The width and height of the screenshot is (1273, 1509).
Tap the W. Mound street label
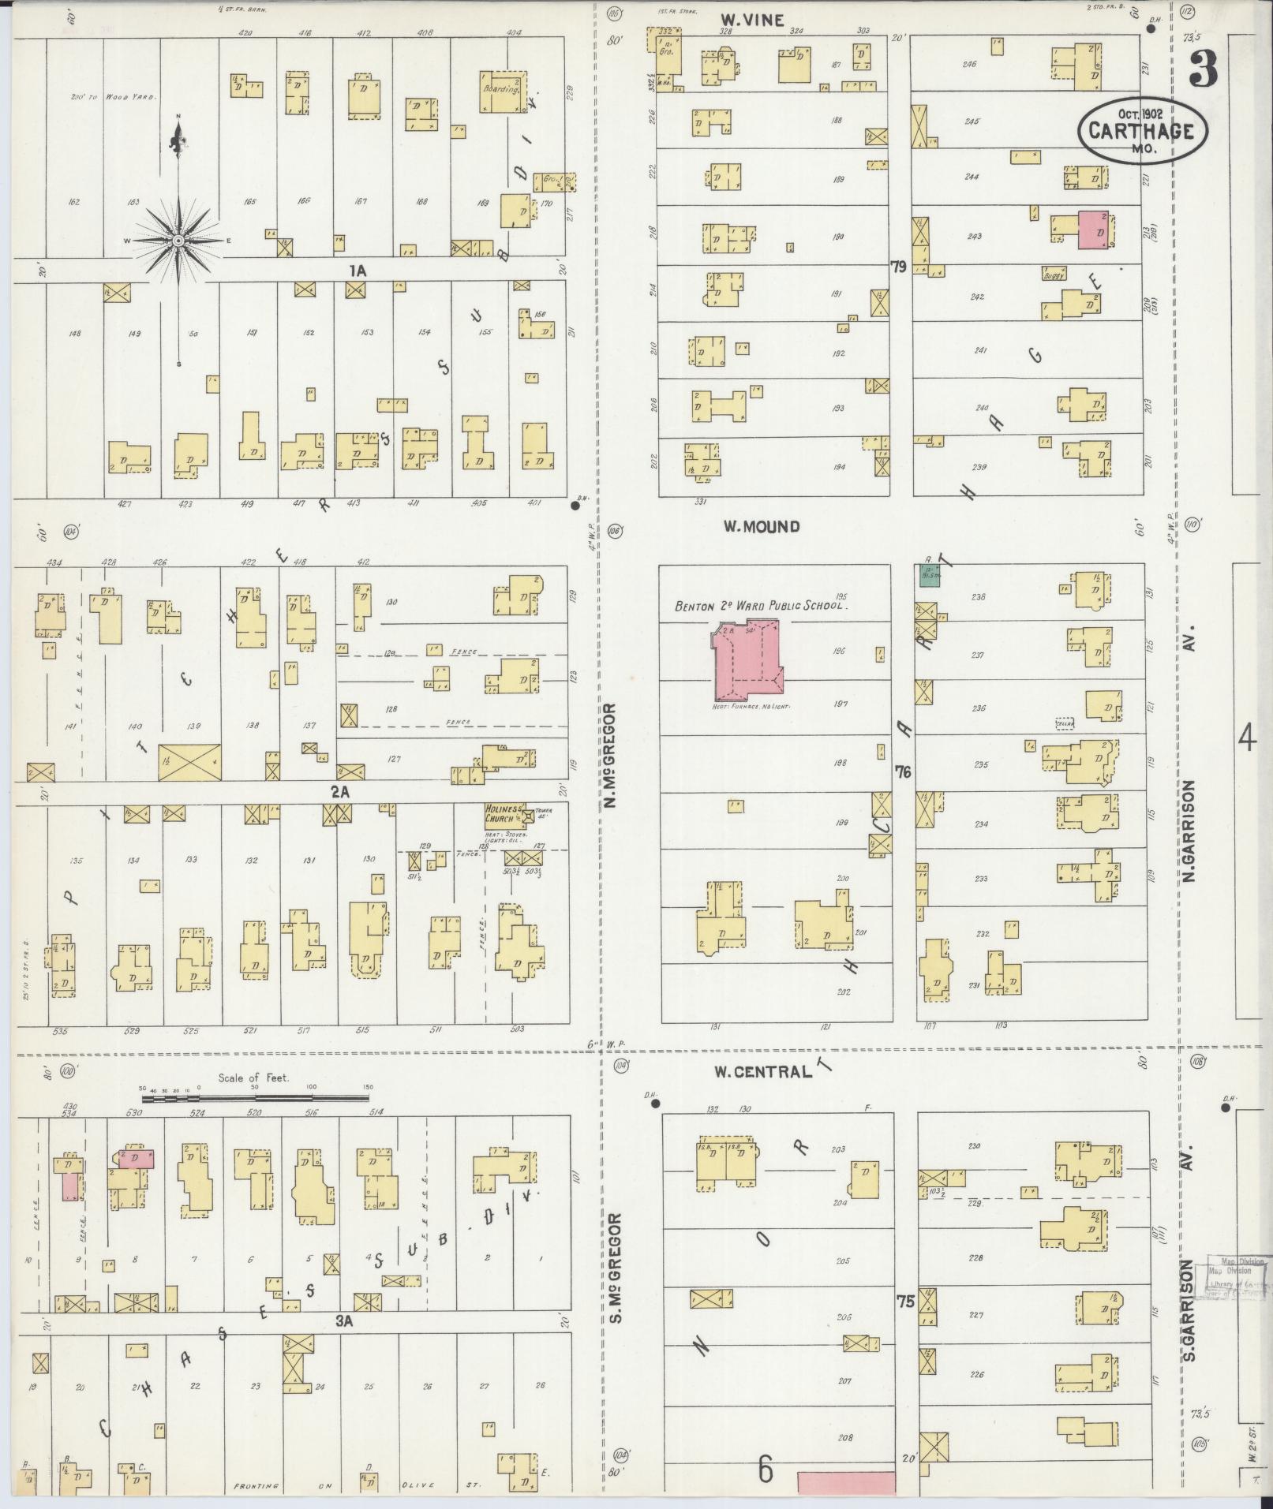coord(762,526)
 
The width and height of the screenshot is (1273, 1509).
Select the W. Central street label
coord(762,1071)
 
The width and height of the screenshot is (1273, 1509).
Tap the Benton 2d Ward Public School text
coord(760,607)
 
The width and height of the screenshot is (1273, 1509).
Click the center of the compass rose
coord(178,239)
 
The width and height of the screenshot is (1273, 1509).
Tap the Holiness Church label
coord(504,813)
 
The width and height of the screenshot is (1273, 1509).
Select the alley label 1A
coord(358,271)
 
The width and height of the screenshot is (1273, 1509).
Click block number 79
coord(897,267)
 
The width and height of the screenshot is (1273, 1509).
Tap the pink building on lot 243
coord(1094,230)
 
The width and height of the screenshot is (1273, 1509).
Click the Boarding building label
coord(500,89)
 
